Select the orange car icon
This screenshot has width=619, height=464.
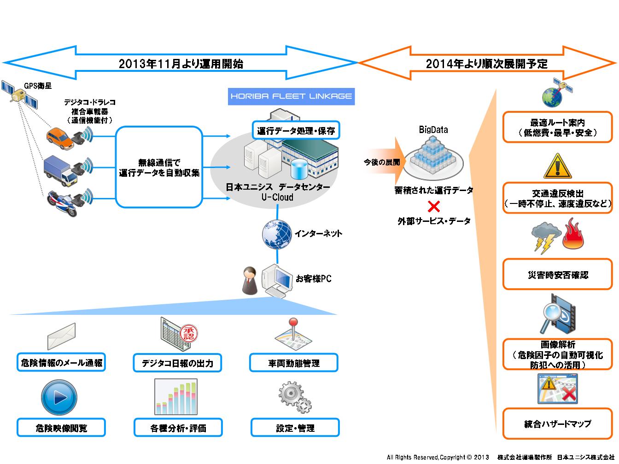tap(60, 138)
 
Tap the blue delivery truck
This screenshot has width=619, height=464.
tap(60, 170)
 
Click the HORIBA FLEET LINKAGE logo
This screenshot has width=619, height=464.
tap(291, 97)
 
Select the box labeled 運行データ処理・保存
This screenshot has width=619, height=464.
tap(296, 131)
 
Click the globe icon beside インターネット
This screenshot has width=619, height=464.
tap(276, 234)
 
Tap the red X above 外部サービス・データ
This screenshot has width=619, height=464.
tap(433, 206)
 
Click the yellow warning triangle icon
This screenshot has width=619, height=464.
tap(557, 166)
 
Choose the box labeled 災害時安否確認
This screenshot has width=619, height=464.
tap(558, 275)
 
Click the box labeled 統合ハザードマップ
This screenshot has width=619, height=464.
tap(558, 423)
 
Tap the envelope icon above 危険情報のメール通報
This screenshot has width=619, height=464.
tap(61, 336)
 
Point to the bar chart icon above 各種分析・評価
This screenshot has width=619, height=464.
tap(177, 397)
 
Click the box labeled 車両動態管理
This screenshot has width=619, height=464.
tap(294, 363)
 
